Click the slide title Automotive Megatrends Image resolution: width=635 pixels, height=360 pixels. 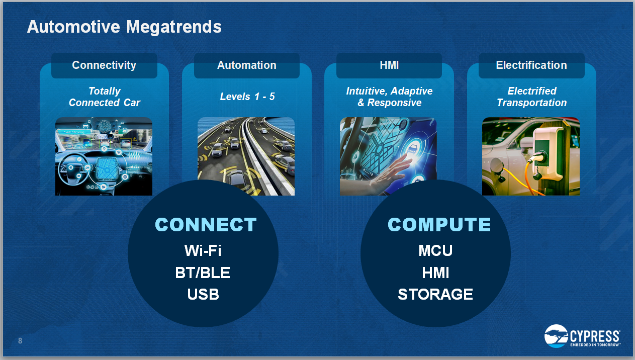point(124,27)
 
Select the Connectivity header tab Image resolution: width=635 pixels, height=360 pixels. point(104,65)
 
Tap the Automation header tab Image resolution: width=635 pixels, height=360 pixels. point(247,65)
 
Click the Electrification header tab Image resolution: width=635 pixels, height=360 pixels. point(531,65)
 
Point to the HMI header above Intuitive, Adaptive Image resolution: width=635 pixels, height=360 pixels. point(389,65)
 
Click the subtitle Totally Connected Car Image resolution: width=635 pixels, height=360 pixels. point(104,97)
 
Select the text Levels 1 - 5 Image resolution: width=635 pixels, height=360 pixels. point(247,97)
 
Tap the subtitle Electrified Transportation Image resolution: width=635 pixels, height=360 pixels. point(531,97)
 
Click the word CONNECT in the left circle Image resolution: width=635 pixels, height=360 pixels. point(206,225)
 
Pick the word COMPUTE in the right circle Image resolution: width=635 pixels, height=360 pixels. point(439,225)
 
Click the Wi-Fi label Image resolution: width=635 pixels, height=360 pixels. point(203,250)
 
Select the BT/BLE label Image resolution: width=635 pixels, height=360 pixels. point(203,273)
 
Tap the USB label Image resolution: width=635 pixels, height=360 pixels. point(203,294)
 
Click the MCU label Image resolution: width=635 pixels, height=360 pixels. point(435,250)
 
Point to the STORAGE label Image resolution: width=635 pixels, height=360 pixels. point(435,294)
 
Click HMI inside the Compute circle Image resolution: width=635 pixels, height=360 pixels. point(435,273)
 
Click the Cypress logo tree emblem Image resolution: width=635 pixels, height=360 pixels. point(556,336)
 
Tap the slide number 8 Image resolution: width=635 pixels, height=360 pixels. point(20,341)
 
